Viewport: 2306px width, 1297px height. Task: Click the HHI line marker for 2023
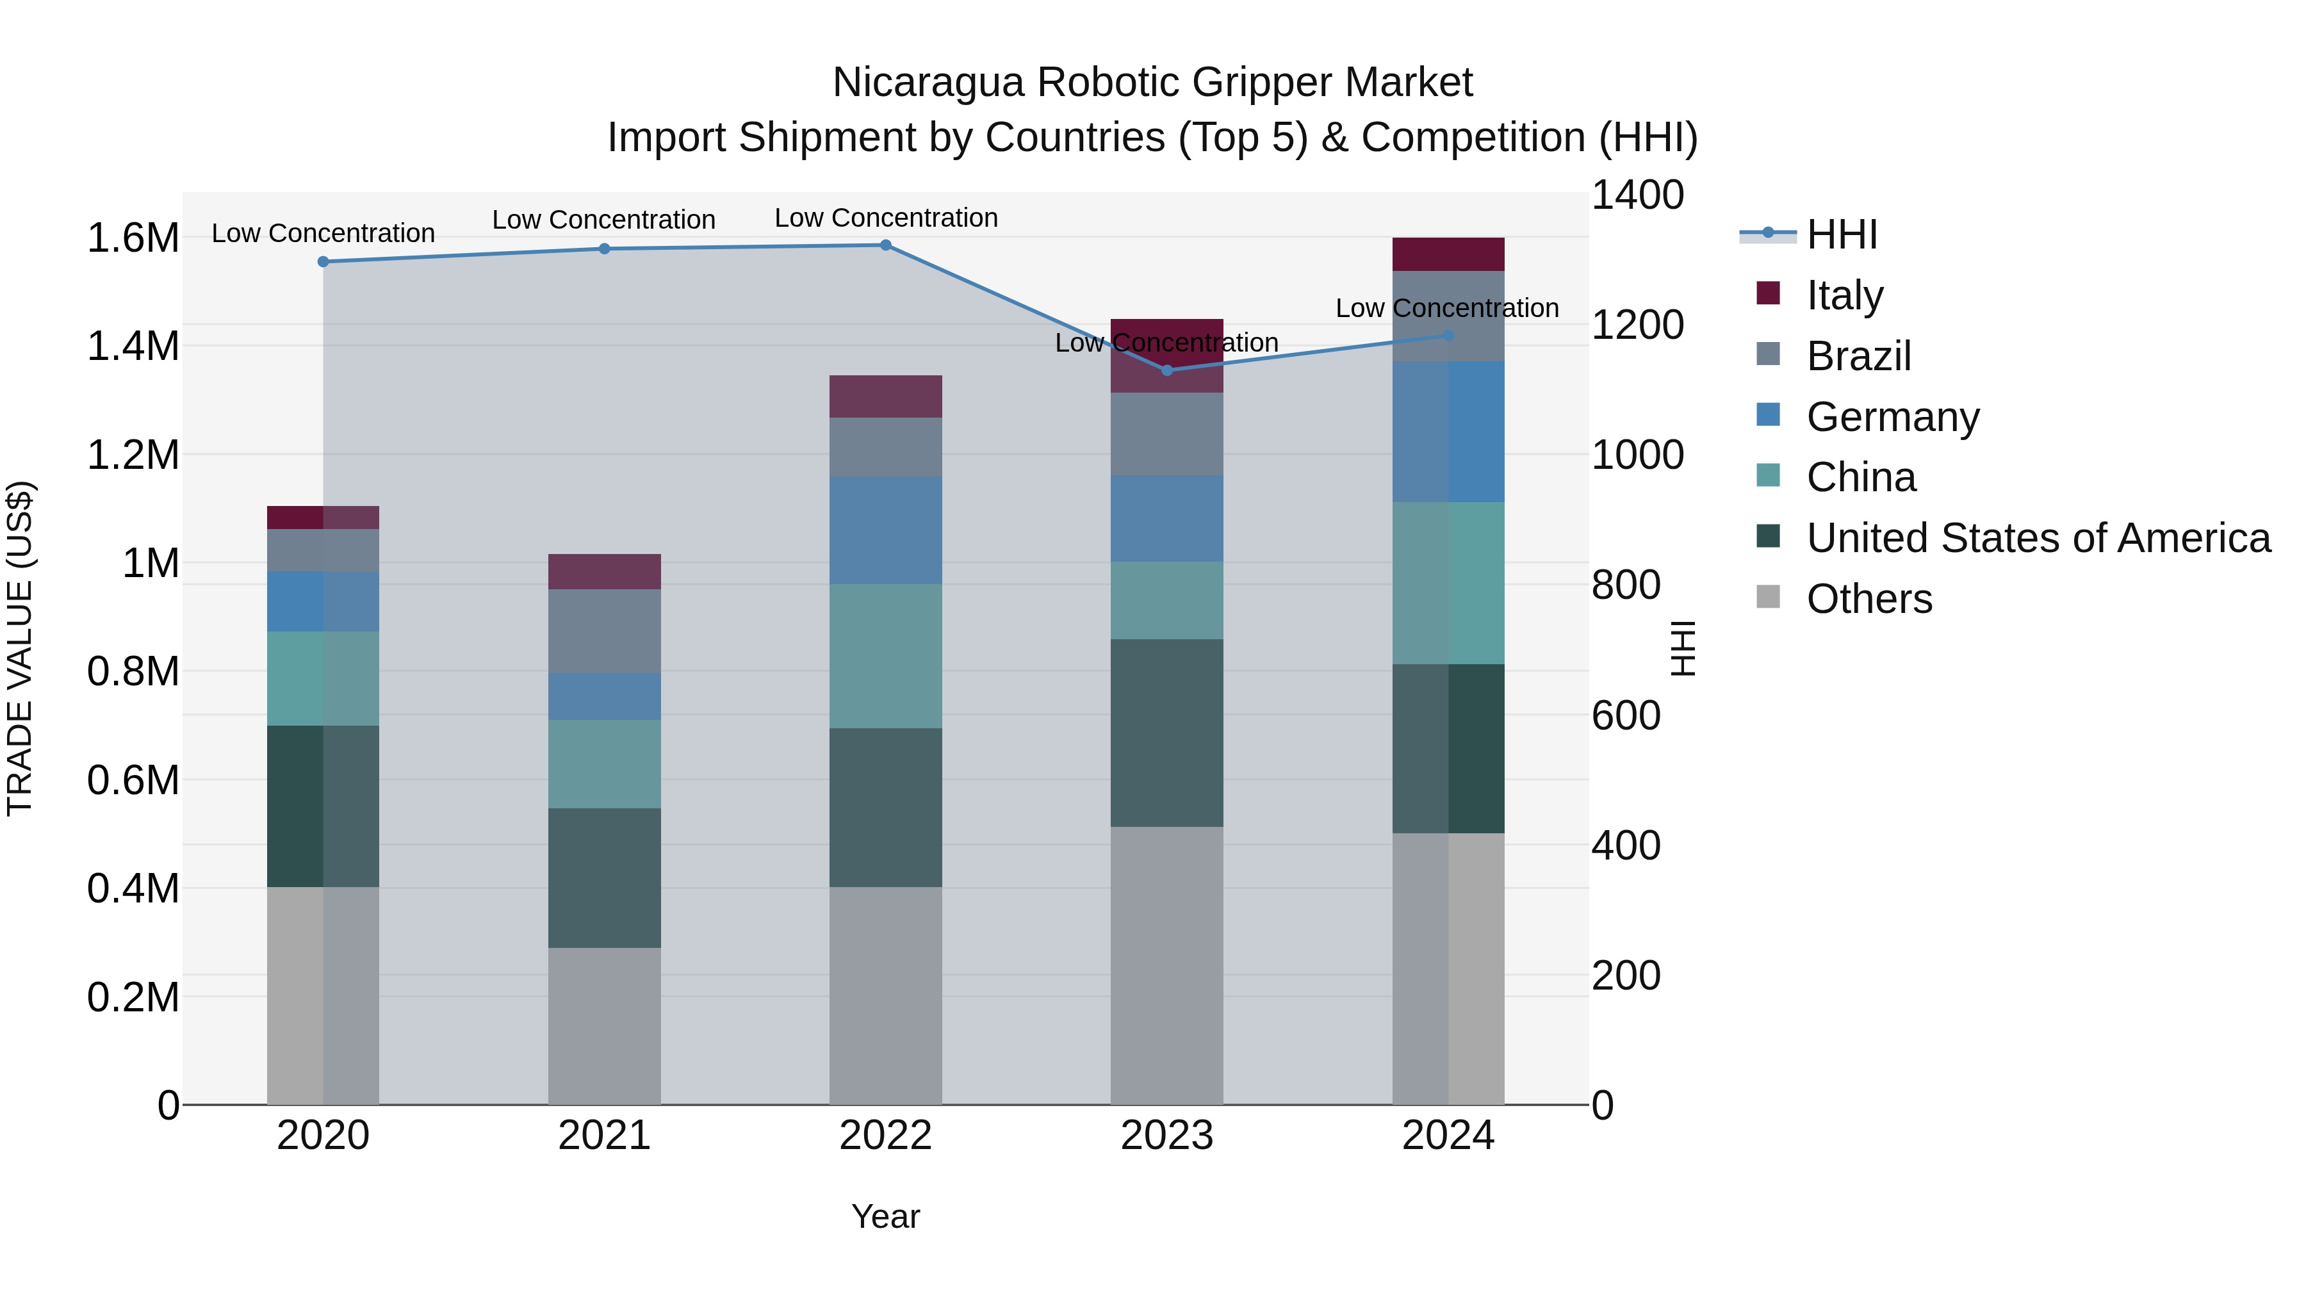(1166, 370)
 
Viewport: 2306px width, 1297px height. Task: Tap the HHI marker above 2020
(323, 261)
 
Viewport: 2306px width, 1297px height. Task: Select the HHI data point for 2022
(885, 245)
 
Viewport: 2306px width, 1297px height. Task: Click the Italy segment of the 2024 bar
(1448, 254)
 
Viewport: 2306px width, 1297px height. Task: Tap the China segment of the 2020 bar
(323, 678)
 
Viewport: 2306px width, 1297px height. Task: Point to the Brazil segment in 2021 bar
(604, 630)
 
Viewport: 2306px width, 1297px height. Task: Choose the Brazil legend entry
(1858, 356)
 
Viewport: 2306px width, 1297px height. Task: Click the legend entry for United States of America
(2038, 538)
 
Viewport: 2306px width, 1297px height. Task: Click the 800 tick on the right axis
(1626, 585)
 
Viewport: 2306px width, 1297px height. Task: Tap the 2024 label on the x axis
(1448, 1136)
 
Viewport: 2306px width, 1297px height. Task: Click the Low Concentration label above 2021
(603, 219)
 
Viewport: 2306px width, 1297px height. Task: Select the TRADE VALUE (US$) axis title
(20, 648)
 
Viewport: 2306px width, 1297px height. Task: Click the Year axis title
(885, 1216)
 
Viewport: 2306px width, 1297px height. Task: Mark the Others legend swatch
(1768, 596)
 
